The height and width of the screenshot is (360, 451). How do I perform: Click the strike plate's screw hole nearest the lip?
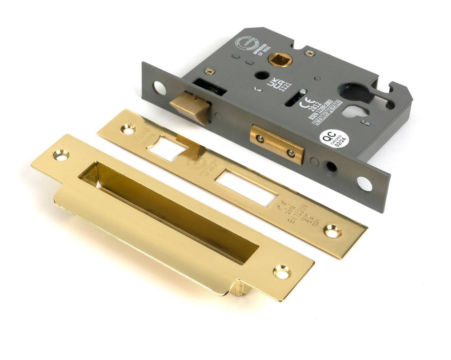coord(282,271)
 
